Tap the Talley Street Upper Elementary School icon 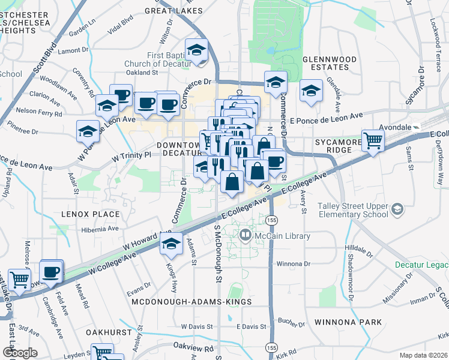point(396,209)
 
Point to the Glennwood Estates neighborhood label point(330,64)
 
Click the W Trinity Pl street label point(131,155)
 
